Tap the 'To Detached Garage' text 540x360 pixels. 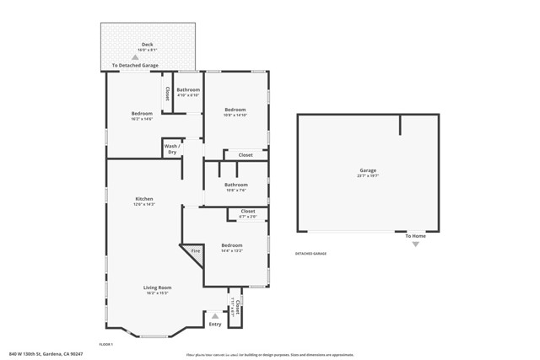point(136,65)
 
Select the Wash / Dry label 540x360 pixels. point(172,149)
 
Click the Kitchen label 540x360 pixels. point(144,199)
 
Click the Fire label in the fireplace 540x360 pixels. point(195,251)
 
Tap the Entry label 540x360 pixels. point(215,325)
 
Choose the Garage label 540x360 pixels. point(368,170)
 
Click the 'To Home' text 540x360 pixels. point(414,236)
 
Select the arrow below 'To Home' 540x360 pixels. point(414,244)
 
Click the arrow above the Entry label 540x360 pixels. point(215,316)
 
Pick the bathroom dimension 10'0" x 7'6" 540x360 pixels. point(236,191)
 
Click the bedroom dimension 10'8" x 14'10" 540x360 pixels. point(236,116)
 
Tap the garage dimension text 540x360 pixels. point(368,176)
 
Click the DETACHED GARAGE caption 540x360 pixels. point(310,254)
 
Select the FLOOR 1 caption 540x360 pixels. point(106,344)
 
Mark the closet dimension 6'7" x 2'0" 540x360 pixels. point(248,218)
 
